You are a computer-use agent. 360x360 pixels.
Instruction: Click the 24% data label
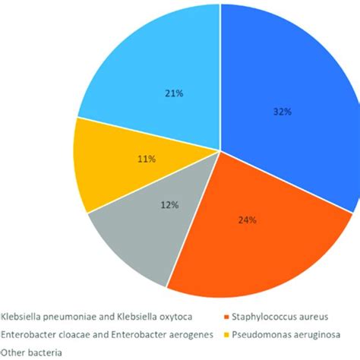pos(248,220)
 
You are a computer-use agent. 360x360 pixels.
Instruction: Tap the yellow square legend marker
pos(229,334)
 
